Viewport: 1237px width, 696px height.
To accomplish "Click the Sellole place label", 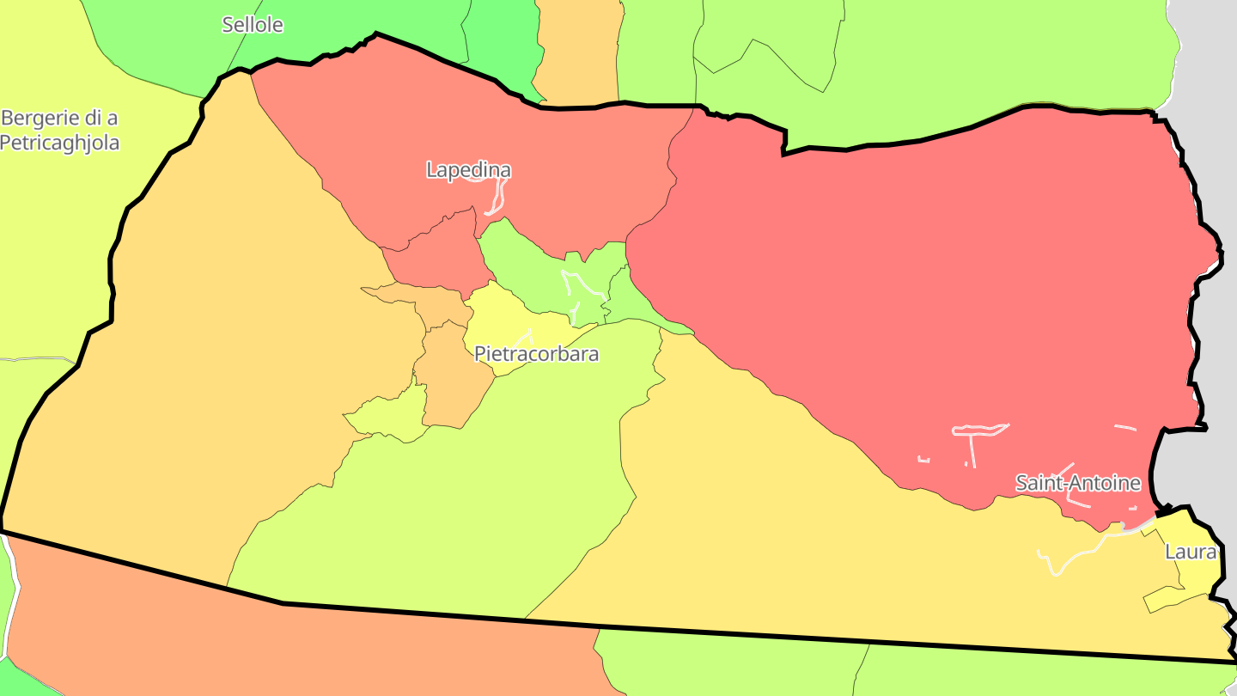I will (x=253, y=25).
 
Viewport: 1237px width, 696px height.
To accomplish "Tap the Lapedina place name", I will (x=468, y=170).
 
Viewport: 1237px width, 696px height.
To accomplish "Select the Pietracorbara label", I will (x=536, y=353).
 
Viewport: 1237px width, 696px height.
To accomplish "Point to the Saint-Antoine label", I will (x=1078, y=483).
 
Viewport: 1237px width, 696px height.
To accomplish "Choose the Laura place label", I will (x=1190, y=552).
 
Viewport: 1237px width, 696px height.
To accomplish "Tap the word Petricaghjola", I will (x=59, y=142).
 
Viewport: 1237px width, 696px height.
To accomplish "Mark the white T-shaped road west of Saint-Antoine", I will (x=974, y=434).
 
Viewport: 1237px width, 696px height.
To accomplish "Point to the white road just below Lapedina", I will (x=495, y=199).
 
